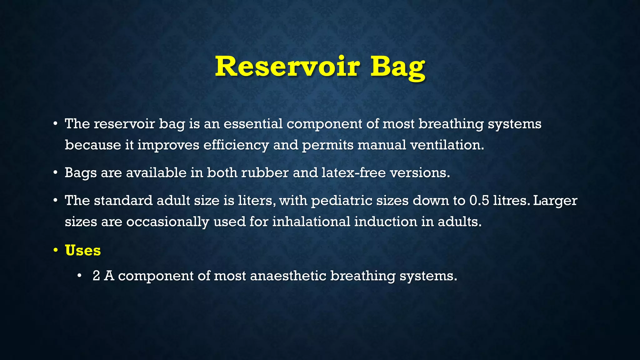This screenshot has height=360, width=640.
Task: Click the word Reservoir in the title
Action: coord(287,66)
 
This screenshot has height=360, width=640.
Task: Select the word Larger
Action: coord(555,200)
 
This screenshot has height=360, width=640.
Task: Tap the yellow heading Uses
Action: coord(83,250)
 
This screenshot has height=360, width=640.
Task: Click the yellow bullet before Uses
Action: coord(56,250)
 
